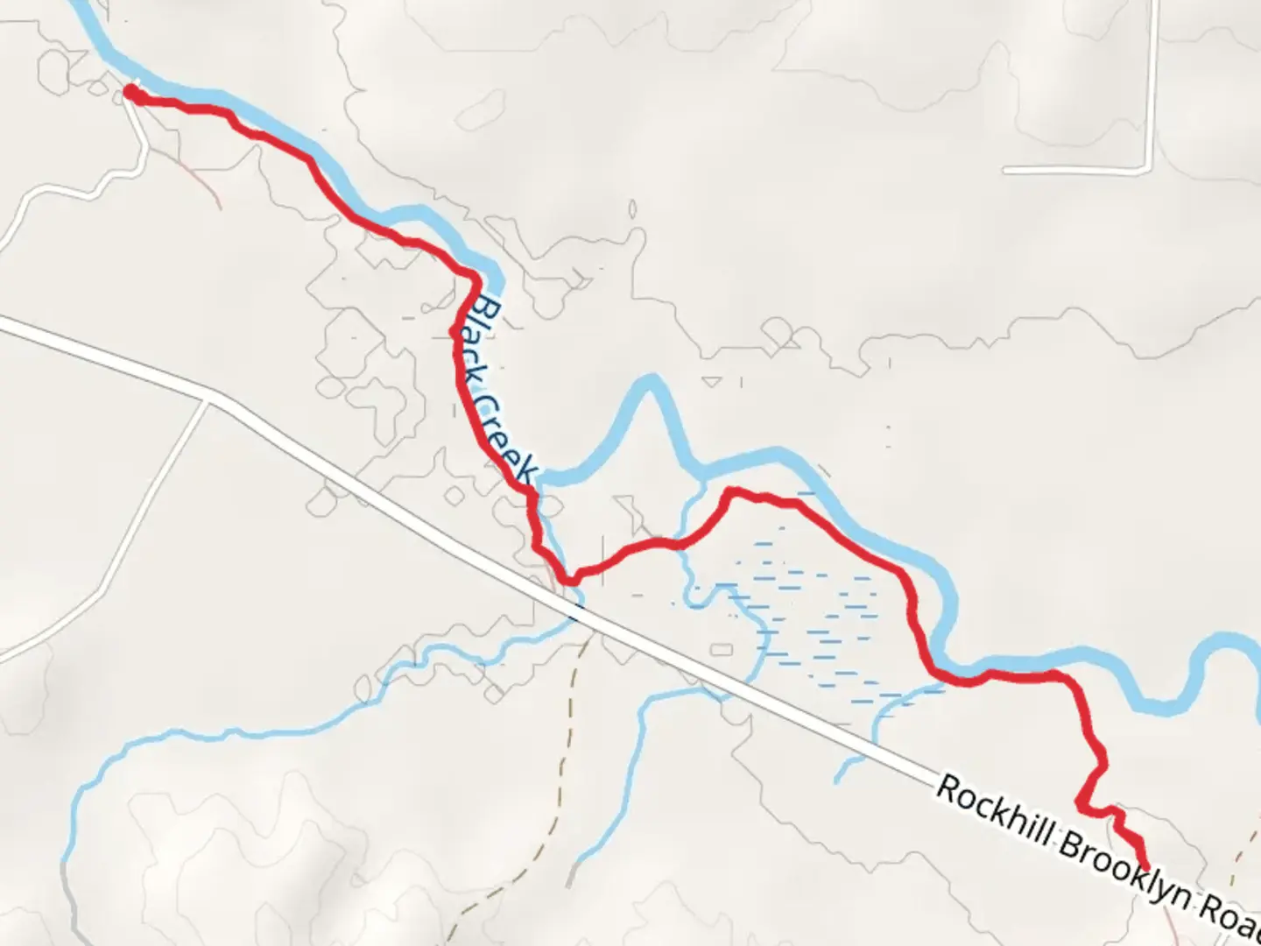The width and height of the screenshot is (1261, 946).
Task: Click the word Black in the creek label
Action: (484, 337)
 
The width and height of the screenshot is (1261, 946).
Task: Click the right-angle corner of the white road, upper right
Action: (1147, 168)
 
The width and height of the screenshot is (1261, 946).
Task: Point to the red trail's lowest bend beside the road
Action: (571, 579)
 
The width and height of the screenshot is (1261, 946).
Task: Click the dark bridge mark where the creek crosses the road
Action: (575, 614)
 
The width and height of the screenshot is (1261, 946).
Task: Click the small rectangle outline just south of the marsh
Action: (721, 649)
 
